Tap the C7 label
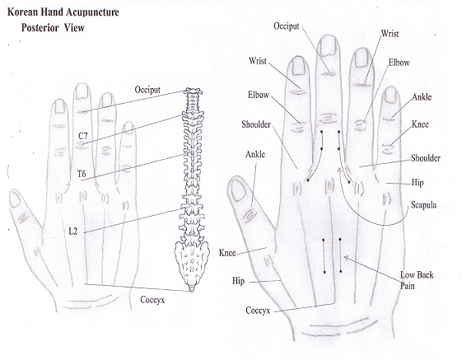pyautogui.click(x=83, y=136)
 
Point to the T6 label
pyautogui.click(x=82, y=174)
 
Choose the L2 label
pyautogui.click(x=73, y=231)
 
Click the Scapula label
pyautogui.click(x=423, y=205)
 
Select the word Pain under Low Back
pyautogui.click(x=408, y=286)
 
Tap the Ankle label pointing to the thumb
pyautogui.click(x=255, y=154)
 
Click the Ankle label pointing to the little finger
pyautogui.click(x=422, y=97)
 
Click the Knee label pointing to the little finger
pyautogui.click(x=420, y=124)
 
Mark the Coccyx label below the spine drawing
pyautogui.click(x=152, y=300)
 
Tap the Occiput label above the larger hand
pyautogui.click(x=287, y=26)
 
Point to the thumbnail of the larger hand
pyautogui.click(x=239, y=190)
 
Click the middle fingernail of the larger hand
pyautogui.click(x=328, y=46)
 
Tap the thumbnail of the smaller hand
pyautogui.click(x=14, y=199)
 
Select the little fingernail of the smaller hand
pyautogui.click(x=128, y=128)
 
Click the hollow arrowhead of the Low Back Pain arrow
pyautogui.click(x=346, y=258)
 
